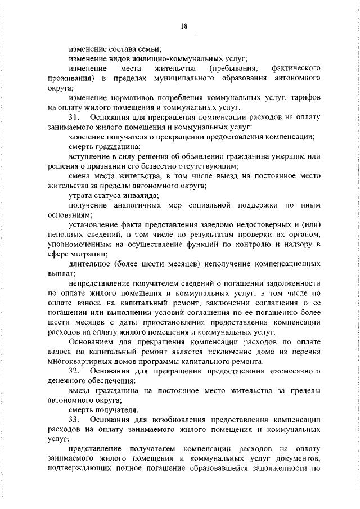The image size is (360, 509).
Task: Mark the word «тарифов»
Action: click(304, 97)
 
